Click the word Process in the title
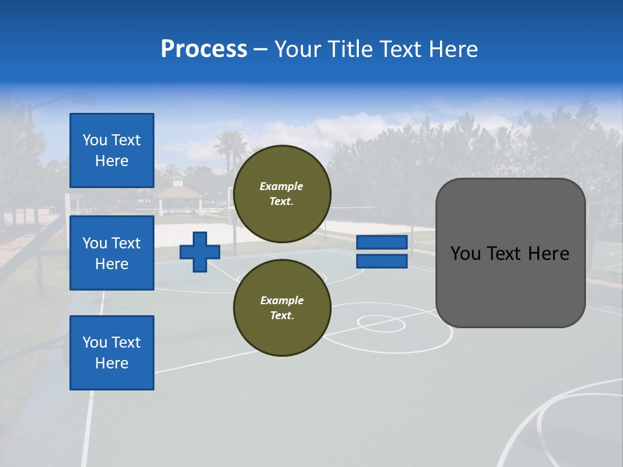click(204, 49)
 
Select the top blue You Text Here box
click(112, 150)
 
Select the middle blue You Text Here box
click(112, 253)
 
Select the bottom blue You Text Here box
click(112, 353)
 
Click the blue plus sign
click(199, 252)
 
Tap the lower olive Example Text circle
click(282, 307)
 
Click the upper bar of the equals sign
click(382, 243)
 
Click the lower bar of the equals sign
click(382, 261)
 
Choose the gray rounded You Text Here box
click(510, 253)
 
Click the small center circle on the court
click(380, 322)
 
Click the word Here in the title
click(454, 49)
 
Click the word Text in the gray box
click(509, 254)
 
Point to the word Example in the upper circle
click(281, 186)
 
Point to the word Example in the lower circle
click(282, 300)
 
